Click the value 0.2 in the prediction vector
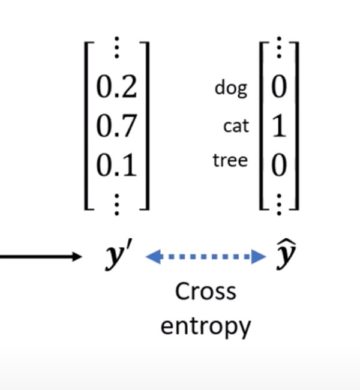coord(116,88)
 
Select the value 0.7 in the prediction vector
coord(116,125)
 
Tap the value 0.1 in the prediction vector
coord(116,163)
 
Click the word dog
coord(230,89)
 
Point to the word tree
coord(229,161)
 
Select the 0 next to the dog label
coord(278,88)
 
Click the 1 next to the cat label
coord(278,127)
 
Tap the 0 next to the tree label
coord(278,164)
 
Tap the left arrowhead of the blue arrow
coord(153,257)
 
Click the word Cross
coord(206,292)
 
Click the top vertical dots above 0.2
coord(116,50)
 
